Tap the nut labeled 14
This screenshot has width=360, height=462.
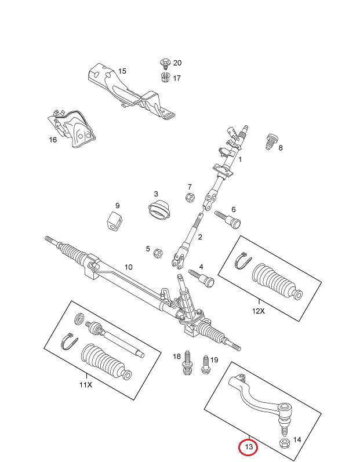[285, 445]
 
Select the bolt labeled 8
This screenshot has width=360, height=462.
[270, 141]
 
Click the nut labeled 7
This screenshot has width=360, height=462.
[189, 198]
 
